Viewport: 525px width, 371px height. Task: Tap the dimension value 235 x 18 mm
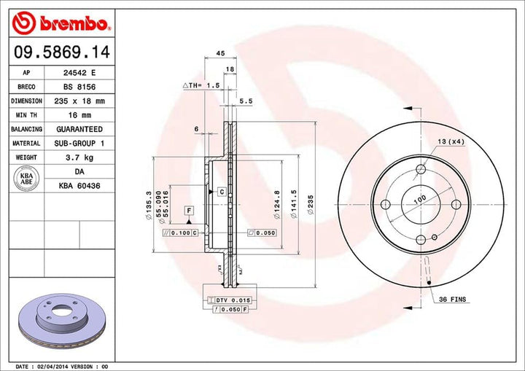click(x=79, y=101)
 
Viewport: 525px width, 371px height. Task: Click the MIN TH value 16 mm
click(x=79, y=115)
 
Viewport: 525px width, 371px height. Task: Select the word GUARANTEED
click(x=79, y=129)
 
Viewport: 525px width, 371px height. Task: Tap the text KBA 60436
click(x=79, y=187)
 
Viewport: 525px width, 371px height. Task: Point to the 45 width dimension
click(x=219, y=53)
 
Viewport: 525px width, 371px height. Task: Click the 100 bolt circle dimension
click(x=420, y=199)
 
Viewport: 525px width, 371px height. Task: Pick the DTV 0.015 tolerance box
click(x=227, y=300)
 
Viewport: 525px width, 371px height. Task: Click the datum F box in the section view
click(x=189, y=211)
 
